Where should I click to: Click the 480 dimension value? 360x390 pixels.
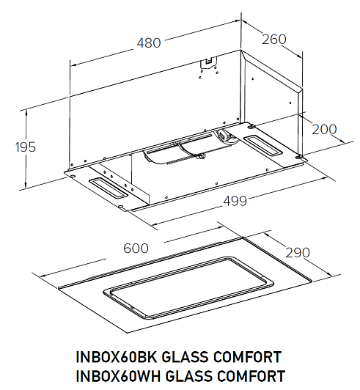(x=149, y=43)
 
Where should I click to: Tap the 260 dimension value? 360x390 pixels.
(x=274, y=40)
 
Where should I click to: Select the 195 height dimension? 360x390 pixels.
(x=26, y=147)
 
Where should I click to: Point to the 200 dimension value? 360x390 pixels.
(x=324, y=129)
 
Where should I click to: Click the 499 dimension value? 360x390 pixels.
(x=235, y=201)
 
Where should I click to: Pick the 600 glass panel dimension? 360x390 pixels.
(x=136, y=249)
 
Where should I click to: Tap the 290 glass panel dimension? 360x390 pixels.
(x=298, y=253)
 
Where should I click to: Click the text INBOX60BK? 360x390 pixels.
(x=117, y=357)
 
